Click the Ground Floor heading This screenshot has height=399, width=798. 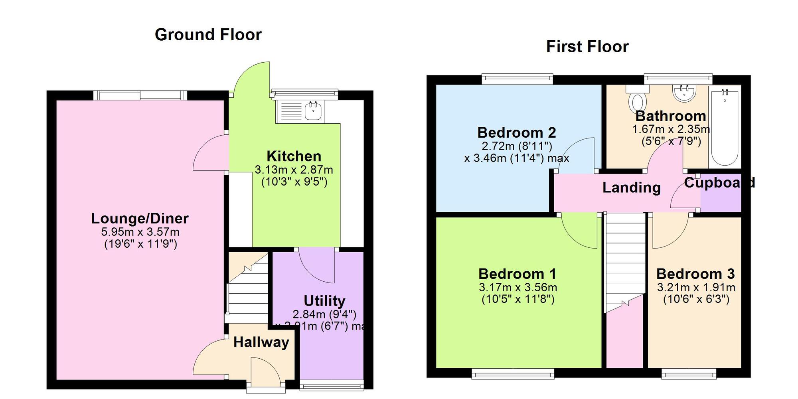[x=208, y=35]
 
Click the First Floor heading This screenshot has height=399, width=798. [x=587, y=47]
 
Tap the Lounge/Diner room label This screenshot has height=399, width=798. [x=140, y=218]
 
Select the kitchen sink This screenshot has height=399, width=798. [x=313, y=110]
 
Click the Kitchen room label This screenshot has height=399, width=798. [x=294, y=156]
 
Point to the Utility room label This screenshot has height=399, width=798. [x=324, y=301]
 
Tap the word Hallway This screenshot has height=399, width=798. [x=261, y=342]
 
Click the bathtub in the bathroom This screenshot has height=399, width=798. [x=725, y=127]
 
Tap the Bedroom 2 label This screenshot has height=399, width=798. [x=516, y=132]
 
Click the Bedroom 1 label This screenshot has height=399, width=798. [x=517, y=274]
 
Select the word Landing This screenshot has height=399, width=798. [x=631, y=188]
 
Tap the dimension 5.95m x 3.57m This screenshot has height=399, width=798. [x=140, y=232]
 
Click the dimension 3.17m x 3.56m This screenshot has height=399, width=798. [x=518, y=287]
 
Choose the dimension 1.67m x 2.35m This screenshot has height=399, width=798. [x=671, y=129]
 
